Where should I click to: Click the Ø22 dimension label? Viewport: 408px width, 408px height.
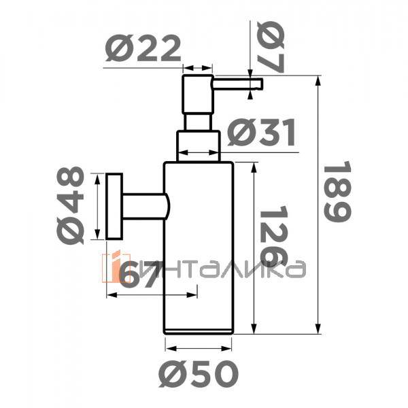point(144,50)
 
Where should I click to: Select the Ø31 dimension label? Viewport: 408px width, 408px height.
point(262,133)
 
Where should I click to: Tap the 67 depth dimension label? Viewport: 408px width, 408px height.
point(141,275)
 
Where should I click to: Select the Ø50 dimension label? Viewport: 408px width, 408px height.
point(199,372)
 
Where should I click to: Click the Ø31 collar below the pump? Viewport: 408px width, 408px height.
point(199,146)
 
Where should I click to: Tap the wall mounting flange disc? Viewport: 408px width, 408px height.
point(114,207)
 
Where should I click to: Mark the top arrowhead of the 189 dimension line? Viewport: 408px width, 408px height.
point(318,80)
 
